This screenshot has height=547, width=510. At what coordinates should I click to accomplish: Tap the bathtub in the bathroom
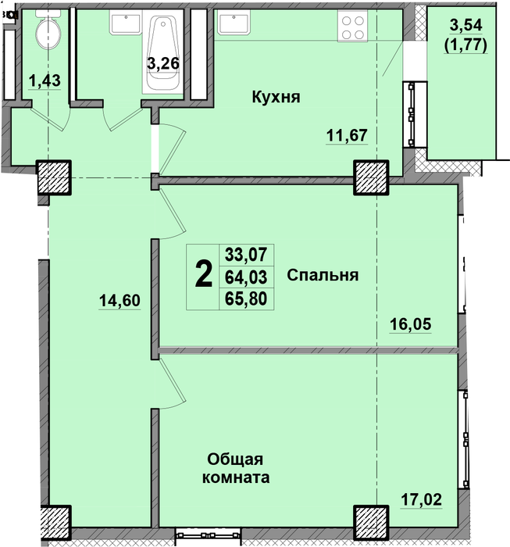coord(162,52)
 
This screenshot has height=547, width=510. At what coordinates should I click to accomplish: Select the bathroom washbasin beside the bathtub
coord(126,22)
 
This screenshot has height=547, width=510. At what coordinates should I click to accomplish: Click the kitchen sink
coord(234,22)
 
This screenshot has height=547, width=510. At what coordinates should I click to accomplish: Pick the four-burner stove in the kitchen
coord(352,26)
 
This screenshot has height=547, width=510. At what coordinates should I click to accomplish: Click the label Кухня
coord(276,97)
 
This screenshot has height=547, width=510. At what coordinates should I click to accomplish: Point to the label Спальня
coord(323,275)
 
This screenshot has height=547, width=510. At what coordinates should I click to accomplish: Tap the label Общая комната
coord(236,468)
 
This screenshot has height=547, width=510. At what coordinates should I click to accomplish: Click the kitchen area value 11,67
coord(347,135)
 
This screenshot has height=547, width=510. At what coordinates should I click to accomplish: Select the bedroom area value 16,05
coord(410,324)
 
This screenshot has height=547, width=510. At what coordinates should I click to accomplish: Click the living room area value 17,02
coord(421,499)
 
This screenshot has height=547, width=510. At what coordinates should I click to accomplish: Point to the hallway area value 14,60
coord(119,301)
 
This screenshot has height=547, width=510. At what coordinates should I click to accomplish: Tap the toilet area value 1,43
coord(45,81)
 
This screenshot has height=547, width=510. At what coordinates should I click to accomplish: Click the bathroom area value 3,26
coord(163,63)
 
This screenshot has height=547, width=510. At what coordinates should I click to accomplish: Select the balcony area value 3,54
coord(465,25)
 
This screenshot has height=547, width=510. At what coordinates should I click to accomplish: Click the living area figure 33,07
coord(246,254)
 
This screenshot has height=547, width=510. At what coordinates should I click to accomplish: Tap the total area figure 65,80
coord(246,299)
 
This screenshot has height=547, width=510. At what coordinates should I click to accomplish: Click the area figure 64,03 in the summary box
coord(246,277)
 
